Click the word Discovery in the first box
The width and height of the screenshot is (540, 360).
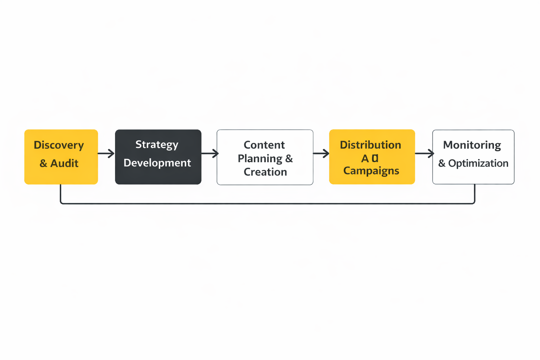tap(59, 145)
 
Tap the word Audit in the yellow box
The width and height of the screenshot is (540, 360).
tap(64, 163)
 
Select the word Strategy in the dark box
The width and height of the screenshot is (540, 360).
tap(157, 144)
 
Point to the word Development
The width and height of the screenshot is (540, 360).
tap(157, 163)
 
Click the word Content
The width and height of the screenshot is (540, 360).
tap(264, 145)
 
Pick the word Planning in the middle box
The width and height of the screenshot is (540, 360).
tap(260, 159)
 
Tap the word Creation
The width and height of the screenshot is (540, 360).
tap(265, 172)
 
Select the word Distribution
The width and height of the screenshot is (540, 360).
tap(370, 145)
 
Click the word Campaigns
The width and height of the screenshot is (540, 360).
tap(371, 171)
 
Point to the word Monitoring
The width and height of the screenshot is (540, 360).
tap(472, 145)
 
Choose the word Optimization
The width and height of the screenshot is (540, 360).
tap(478, 163)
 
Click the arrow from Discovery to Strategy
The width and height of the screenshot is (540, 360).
tap(106, 153)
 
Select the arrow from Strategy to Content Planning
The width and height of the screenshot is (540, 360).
tap(210, 153)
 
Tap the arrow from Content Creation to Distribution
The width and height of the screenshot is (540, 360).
tap(321, 153)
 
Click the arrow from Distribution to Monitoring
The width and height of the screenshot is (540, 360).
tap(424, 153)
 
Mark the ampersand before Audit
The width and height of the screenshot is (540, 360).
tap(43, 163)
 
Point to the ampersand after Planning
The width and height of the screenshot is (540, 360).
tap(289, 159)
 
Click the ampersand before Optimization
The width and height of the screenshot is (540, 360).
tap(442, 163)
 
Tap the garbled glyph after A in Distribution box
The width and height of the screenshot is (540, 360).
tap(375, 158)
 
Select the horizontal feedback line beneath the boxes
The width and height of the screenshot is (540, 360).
tap(267, 203)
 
